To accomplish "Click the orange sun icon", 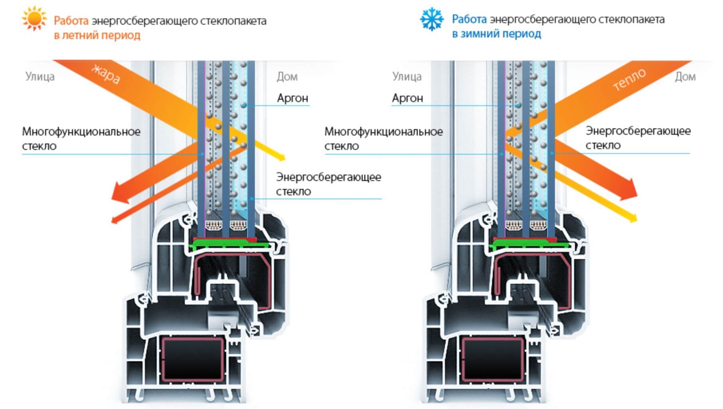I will click(x=34, y=18).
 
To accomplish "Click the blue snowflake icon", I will click(x=431, y=19).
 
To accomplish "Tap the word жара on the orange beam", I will click(x=106, y=74).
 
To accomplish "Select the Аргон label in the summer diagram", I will click(x=292, y=98).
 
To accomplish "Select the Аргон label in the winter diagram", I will click(x=407, y=98).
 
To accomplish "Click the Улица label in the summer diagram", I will click(x=40, y=77).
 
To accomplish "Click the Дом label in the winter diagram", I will click(x=685, y=77).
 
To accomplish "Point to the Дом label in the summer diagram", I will click(x=287, y=77).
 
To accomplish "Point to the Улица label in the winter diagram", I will click(x=407, y=77).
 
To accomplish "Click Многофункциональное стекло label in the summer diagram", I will click(x=81, y=139).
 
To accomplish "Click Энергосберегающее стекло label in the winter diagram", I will click(x=638, y=138).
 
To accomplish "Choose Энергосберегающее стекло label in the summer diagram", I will click(x=328, y=184).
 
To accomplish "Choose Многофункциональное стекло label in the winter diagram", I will click(x=383, y=139).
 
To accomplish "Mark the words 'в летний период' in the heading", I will click(x=97, y=35).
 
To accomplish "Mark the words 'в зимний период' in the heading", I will click(x=496, y=34).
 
